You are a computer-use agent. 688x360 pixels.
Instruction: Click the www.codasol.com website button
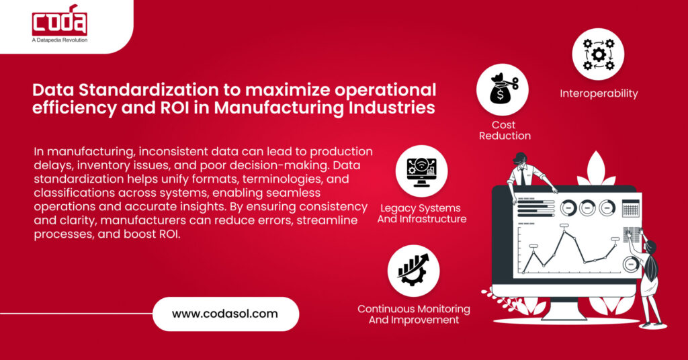coord(225,313)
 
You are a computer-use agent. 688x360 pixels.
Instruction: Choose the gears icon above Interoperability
coord(598,54)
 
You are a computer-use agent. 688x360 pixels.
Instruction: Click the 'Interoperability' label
coord(599,93)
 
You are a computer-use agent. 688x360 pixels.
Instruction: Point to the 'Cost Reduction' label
coord(504,130)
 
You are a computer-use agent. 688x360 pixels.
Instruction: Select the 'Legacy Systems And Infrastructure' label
coord(421,213)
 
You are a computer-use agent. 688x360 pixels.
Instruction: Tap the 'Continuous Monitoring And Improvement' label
coord(414,314)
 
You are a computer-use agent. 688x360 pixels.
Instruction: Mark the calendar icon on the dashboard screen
coord(630,208)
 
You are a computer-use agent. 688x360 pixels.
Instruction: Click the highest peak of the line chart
coord(564,232)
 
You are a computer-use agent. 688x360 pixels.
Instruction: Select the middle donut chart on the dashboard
coord(588,208)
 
